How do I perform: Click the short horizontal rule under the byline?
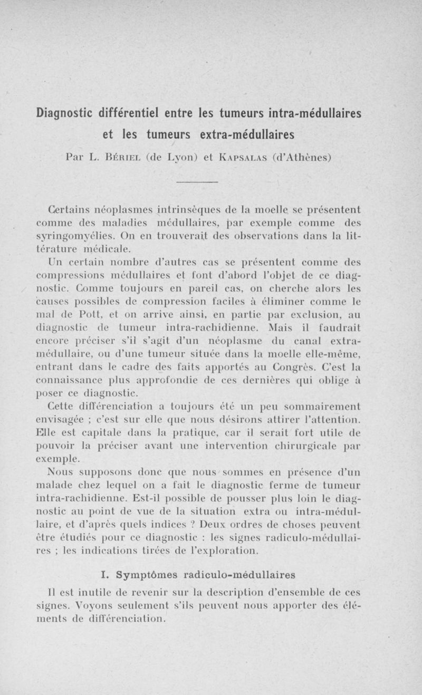coord(197,182)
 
